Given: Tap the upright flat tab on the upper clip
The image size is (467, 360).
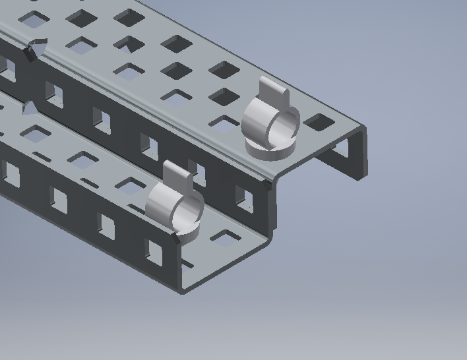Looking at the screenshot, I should [274, 92].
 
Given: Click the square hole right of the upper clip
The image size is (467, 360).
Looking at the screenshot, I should [320, 122].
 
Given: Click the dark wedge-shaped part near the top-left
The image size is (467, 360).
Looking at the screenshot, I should [33, 50].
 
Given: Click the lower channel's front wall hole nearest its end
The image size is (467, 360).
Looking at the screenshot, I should [156, 251].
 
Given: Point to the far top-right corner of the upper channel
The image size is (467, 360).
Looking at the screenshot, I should [363, 127].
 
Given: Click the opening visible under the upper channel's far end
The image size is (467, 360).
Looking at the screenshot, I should [343, 153].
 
